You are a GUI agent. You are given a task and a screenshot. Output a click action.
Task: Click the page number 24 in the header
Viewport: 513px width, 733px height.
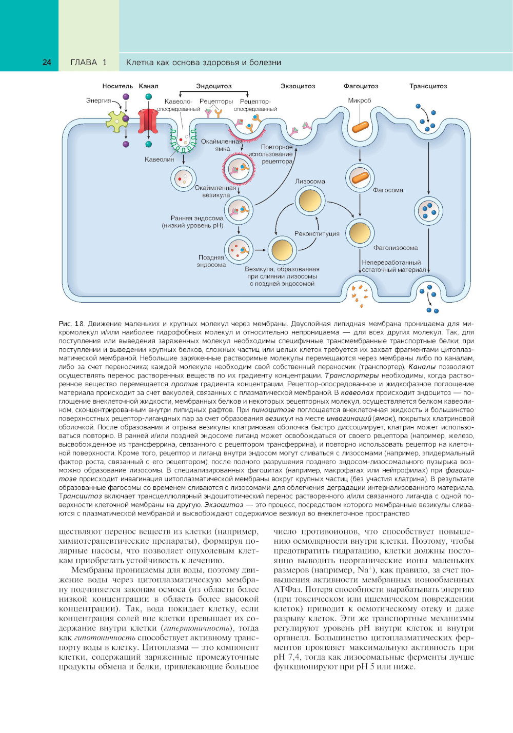[47, 63]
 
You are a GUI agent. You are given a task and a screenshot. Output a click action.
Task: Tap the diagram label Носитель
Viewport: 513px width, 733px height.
[117, 86]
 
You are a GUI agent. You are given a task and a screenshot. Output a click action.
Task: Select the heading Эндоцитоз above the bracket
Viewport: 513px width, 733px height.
[214, 86]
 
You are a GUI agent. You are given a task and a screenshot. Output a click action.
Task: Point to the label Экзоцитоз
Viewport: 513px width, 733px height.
[298, 86]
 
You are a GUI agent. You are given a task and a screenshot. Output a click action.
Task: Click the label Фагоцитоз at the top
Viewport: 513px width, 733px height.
[361, 86]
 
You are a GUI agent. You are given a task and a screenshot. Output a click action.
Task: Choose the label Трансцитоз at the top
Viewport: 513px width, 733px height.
[428, 86]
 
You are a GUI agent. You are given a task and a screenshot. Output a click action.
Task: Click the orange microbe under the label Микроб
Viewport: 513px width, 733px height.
[360, 126]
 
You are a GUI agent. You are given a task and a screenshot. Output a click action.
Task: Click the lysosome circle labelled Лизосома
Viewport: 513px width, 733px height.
[310, 200]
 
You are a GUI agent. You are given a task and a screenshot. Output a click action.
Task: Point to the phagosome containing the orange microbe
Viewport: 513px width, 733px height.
[360, 178]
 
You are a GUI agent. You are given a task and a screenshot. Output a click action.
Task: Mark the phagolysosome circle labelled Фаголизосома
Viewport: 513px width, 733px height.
[360, 232]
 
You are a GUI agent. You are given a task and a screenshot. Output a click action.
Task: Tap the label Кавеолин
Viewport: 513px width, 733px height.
[159, 160]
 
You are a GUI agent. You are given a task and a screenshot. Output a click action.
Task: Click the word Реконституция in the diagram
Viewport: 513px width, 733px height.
[317, 234]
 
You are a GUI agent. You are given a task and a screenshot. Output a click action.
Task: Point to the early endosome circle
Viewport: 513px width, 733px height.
[239, 210]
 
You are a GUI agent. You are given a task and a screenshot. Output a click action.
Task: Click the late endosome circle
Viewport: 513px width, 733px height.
[239, 250]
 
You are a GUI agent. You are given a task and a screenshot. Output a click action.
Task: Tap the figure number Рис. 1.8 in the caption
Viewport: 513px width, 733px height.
[71, 324]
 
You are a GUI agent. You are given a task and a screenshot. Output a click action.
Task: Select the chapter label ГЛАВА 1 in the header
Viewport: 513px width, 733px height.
[88, 63]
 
